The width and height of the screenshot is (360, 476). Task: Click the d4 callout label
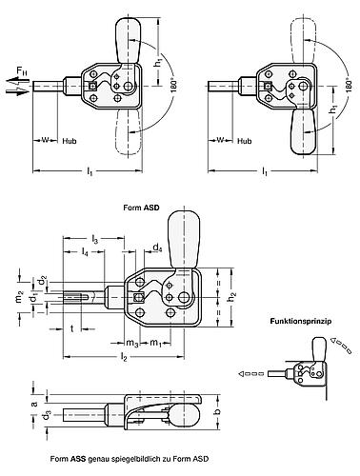[156, 248]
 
